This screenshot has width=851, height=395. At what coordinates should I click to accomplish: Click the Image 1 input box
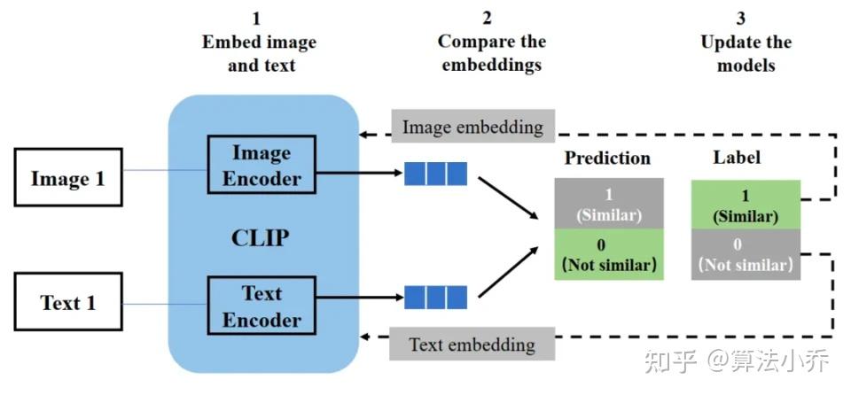[x=68, y=178]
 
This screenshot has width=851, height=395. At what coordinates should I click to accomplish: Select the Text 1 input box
[x=68, y=302]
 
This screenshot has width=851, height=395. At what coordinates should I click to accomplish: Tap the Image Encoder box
[x=262, y=166]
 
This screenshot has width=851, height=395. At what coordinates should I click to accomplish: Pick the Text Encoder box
[x=262, y=306]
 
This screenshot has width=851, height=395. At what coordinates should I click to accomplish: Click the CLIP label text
[x=261, y=237]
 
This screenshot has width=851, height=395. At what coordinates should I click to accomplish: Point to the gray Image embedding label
[x=472, y=127]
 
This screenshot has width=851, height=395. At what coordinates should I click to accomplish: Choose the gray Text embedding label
[x=472, y=344]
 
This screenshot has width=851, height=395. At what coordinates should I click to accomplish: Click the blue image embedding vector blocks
[x=435, y=174]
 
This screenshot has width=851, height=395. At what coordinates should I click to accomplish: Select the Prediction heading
[x=607, y=159]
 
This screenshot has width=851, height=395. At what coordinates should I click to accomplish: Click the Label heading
[x=737, y=158]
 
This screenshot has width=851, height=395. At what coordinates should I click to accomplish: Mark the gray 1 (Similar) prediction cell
[x=608, y=204]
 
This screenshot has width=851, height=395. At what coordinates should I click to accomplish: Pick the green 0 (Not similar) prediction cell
[x=608, y=254]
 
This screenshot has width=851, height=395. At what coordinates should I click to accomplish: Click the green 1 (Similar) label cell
[x=746, y=205]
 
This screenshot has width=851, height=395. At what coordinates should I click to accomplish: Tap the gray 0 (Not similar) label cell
[x=746, y=254]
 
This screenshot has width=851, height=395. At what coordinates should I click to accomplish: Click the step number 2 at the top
[x=487, y=18]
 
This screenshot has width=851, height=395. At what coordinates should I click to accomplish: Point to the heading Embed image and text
[x=259, y=53]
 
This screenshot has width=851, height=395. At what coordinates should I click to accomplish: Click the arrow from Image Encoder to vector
[x=358, y=174]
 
